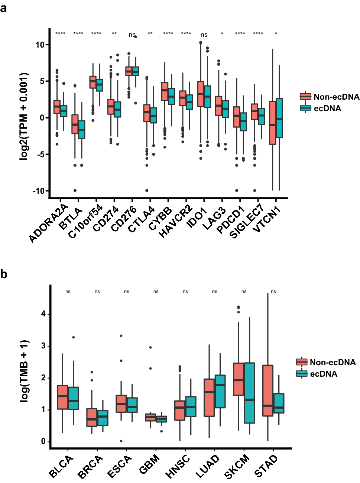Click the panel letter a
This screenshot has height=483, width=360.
click(x=3, y=8)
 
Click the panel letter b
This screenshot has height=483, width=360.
click(x=4, y=274)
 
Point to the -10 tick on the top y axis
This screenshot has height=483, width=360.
click(x=39, y=191)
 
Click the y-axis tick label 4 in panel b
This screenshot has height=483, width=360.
click(x=43, y=314)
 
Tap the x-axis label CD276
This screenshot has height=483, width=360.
click(x=124, y=219)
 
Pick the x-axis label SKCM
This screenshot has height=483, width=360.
click(x=237, y=467)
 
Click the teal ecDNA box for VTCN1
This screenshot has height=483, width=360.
click(x=279, y=118)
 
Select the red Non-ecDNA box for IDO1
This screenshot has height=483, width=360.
click(x=201, y=94)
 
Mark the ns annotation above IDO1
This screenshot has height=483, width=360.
click(x=204, y=35)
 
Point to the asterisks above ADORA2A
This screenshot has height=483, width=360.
click(x=60, y=34)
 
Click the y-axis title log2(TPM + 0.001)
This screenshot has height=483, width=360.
click(x=24, y=116)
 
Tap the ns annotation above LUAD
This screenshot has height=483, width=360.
click(x=214, y=292)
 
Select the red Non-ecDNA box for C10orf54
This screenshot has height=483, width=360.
click(x=93, y=82)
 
